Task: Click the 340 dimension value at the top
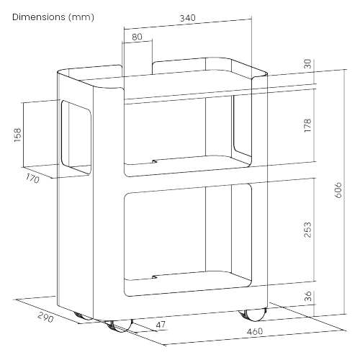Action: pos(188,18)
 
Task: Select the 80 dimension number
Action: pos(137,37)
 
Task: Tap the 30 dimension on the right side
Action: pos(307,64)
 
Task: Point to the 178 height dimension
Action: pos(307,125)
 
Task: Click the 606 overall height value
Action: pos(338,190)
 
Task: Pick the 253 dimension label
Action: pos(307,230)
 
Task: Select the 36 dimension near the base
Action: pos(308,296)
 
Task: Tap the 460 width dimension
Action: pos(255,331)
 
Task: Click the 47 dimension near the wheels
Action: pos(161,325)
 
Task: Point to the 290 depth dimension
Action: pos(45,318)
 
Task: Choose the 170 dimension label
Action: pos(32,179)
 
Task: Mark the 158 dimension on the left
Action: pos(18,135)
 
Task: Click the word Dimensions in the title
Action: pos(39,17)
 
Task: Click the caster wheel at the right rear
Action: pos(253,315)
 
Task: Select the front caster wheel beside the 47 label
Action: pos(119,326)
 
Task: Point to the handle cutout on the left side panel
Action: pos(76,138)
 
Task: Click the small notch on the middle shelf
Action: pos(155,161)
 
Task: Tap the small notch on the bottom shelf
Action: pos(155,277)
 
